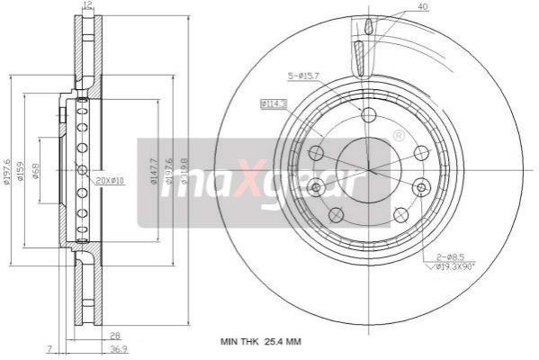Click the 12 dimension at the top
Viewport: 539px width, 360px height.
(x=87, y=6)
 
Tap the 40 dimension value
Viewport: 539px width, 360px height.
(x=422, y=7)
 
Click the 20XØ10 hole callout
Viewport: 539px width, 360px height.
(x=110, y=181)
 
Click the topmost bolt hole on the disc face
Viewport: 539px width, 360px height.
(x=367, y=114)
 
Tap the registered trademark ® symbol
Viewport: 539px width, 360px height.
(x=399, y=136)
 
